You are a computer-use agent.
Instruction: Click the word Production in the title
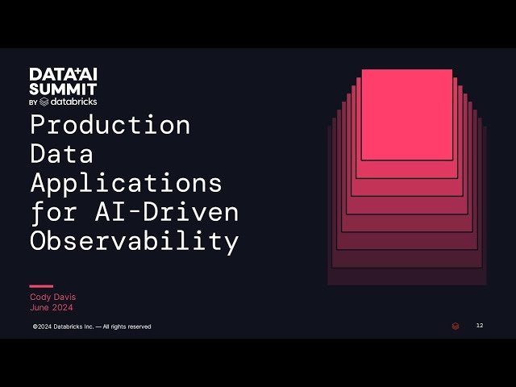(110, 125)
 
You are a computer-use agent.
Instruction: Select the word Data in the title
(62, 154)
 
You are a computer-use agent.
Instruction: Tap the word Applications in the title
(126, 183)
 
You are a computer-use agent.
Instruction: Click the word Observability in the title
(135, 241)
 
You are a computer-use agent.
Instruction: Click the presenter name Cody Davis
(52, 297)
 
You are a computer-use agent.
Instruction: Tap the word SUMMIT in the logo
(63, 89)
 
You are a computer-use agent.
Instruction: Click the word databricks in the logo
(73, 102)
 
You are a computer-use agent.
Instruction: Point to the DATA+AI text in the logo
(63, 75)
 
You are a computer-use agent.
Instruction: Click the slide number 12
(480, 326)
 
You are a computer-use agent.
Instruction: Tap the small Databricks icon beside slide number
(456, 326)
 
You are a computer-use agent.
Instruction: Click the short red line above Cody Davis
(41, 286)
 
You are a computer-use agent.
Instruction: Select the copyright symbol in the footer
(35, 327)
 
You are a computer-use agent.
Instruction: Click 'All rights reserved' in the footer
(129, 327)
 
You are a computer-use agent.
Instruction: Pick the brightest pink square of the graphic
(406, 114)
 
